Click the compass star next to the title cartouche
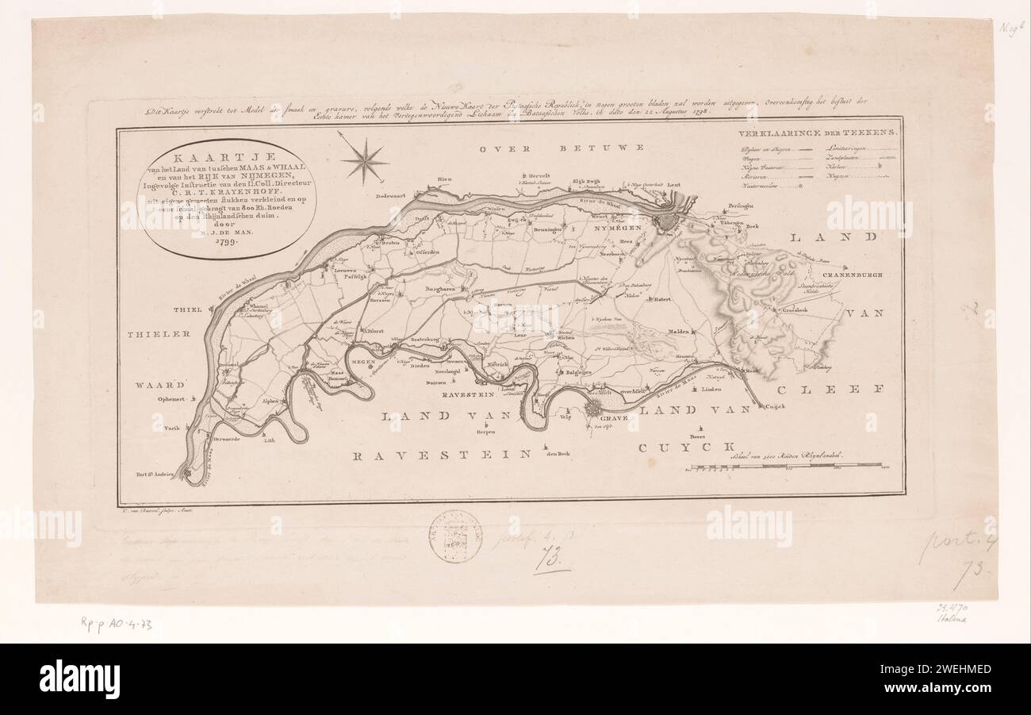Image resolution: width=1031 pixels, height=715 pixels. tap(365, 161)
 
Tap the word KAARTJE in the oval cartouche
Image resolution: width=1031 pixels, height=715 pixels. tap(227, 158)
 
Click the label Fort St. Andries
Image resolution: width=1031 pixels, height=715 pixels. tap(154, 475)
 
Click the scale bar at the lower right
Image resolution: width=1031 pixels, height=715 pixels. tap(785, 465)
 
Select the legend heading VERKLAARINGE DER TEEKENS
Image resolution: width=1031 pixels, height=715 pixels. tap(818, 136)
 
